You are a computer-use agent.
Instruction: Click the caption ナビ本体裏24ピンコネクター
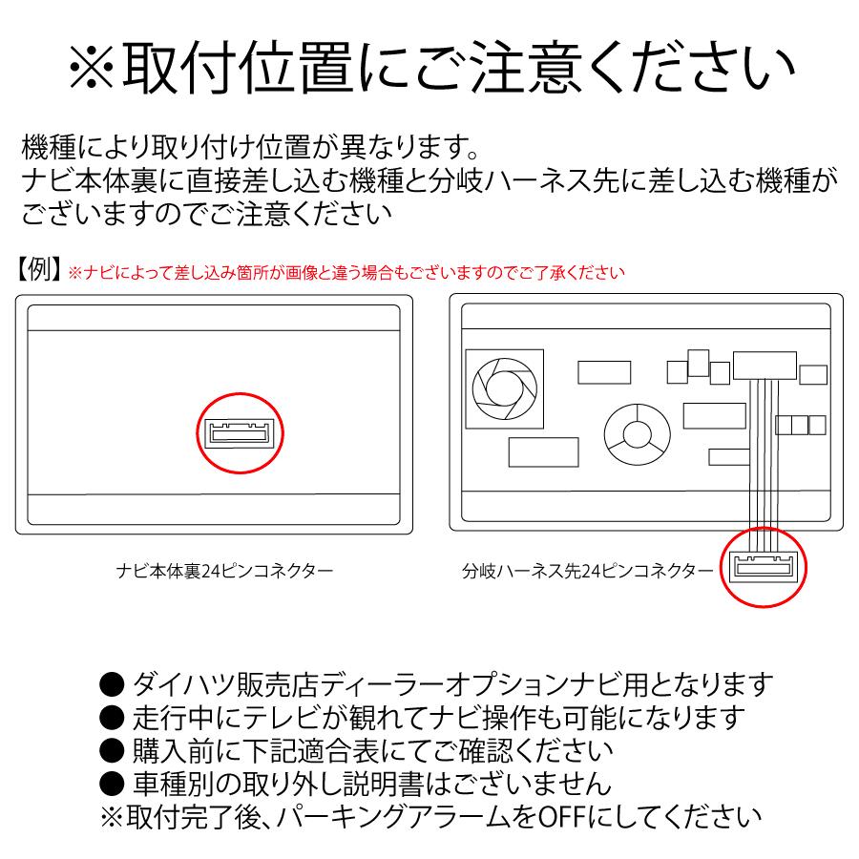223,573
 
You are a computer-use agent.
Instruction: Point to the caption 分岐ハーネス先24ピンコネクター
587,573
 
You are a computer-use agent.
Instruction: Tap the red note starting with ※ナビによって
346,273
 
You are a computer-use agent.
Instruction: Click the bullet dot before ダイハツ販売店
113,684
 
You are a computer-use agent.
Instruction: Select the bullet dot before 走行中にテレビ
113,718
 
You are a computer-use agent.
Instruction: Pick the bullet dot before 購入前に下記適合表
113,751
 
